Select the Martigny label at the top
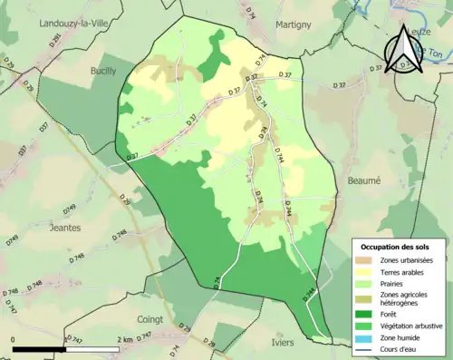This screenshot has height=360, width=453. click(294, 24)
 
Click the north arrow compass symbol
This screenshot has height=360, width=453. click(404, 50)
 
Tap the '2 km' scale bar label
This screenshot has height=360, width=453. click(127, 339)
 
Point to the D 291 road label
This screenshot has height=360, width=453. click(55, 40)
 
